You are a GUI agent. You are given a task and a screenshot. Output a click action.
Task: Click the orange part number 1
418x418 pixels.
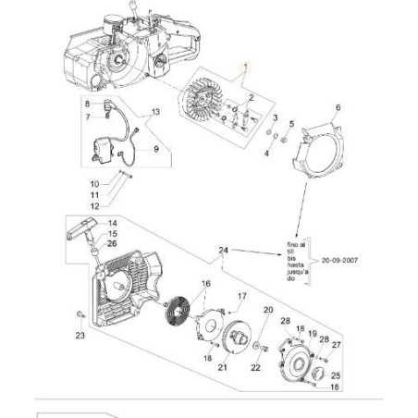click(246, 66)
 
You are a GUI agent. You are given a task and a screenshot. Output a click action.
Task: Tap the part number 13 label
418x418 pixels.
click(155, 112)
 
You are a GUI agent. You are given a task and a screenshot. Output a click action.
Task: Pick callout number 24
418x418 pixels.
click(223, 251)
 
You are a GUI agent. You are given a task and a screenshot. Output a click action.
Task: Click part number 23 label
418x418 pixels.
click(80, 336)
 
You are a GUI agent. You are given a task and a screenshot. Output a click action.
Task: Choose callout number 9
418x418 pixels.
click(155, 148)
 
